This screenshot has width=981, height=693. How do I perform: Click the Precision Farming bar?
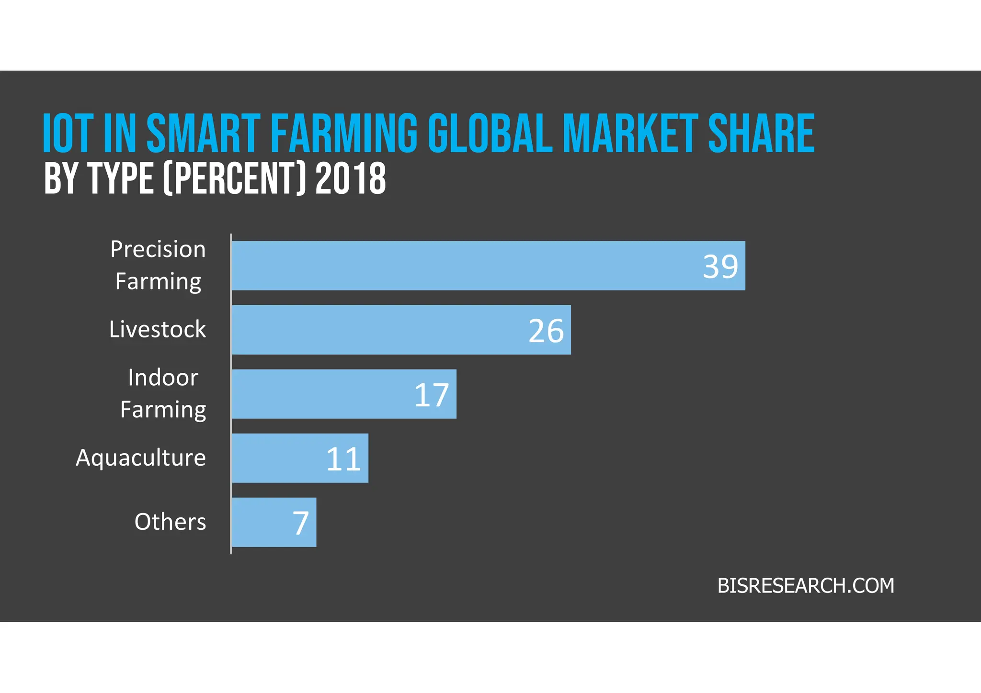pos(488,266)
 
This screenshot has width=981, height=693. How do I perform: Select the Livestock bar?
pos(401,330)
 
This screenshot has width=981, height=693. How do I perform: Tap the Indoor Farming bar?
pos(344,394)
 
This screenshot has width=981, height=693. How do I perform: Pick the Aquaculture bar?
pos(300,458)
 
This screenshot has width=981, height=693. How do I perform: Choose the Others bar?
pos(274,522)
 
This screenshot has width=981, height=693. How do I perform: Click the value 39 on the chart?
pos(720,267)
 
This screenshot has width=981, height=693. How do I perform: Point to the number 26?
pos(546,331)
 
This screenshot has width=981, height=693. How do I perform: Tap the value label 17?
pos(432,395)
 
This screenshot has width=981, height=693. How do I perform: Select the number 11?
pos(343,459)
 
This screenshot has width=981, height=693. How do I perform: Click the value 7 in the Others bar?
pos(301,523)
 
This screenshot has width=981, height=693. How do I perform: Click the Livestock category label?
pos(157,329)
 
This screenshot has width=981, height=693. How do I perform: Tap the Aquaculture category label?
pos(141,458)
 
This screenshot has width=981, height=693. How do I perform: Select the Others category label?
pos(170,522)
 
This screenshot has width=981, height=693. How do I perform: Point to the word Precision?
pos(158,249)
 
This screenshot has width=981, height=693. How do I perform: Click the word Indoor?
pos(163,378)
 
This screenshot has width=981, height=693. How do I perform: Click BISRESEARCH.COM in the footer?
pos(805,586)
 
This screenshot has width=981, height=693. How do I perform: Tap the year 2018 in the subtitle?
pos(351,178)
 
